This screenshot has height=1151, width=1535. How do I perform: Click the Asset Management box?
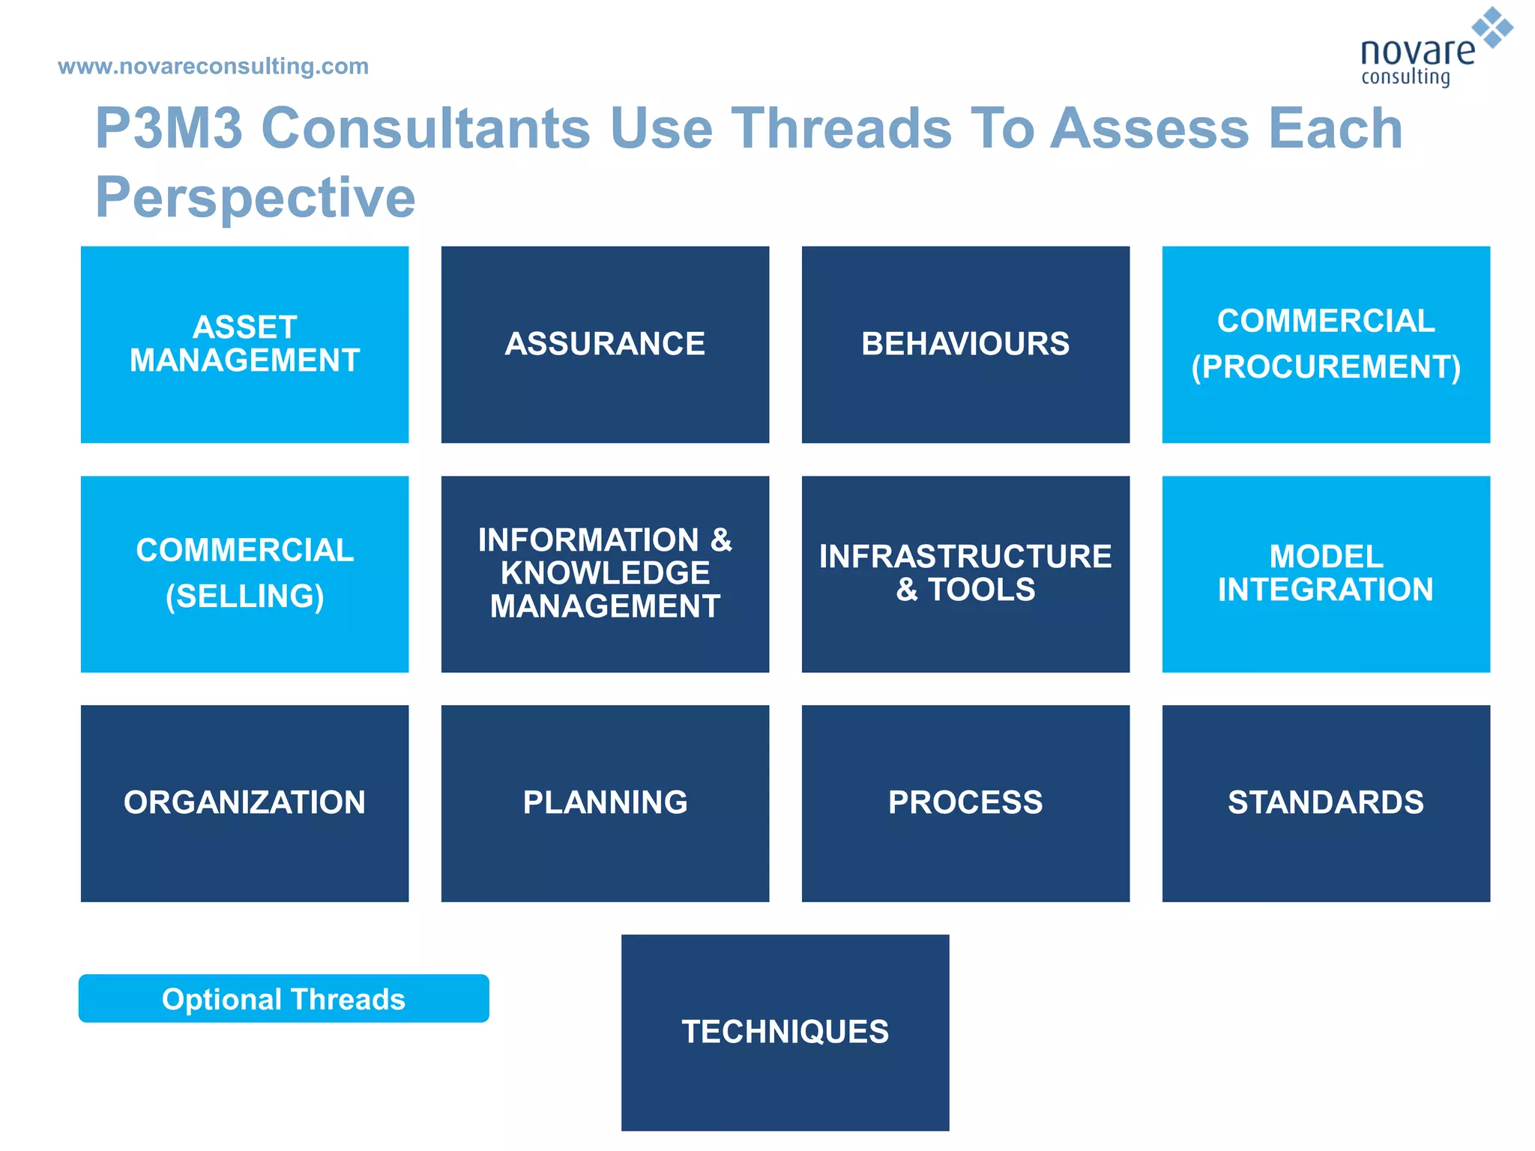[244, 344]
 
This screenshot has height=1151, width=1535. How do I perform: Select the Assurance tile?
[605, 344]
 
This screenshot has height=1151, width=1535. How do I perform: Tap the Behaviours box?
[965, 344]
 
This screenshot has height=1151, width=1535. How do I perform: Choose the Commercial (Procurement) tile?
[1326, 344]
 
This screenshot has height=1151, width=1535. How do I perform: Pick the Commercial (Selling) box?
[244, 574]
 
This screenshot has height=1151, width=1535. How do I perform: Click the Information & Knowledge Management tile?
[605, 574]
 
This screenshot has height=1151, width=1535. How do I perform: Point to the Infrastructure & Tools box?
[965, 574]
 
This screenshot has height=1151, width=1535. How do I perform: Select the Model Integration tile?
[1326, 574]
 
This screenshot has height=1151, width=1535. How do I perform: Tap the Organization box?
[244, 803]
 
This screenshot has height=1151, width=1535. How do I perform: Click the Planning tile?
[605, 803]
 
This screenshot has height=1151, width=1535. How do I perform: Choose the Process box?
[965, 803]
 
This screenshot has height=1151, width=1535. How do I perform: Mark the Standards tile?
[1326, 803]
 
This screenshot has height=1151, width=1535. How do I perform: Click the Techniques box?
[785, 1033]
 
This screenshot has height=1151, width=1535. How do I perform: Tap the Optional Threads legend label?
[283, 999]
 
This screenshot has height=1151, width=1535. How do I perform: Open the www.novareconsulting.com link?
[214, 66]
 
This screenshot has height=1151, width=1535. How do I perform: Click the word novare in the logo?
[1417, 52]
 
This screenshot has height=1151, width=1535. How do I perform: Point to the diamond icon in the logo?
[1492, 27]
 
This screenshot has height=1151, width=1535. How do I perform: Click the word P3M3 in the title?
[169, 128]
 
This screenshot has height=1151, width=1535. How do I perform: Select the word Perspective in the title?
[255, 197]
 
